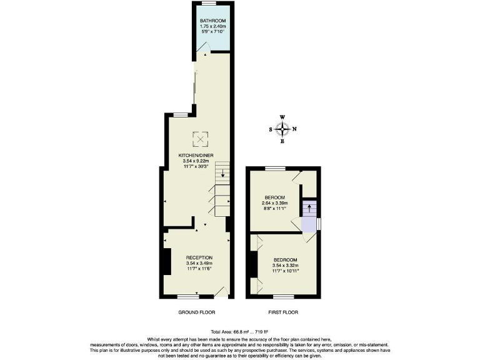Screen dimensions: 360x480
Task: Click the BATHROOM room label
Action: click(x=212, y=21)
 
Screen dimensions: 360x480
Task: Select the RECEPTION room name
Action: click(x=199, y=257)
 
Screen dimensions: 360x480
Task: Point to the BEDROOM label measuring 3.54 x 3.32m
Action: click(x=285, y=259)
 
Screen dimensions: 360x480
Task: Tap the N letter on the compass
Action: click(x=295, y=129)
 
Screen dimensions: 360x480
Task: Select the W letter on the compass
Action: click(x=282, y=117)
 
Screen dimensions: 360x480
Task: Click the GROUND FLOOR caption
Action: click(x=196, y=312)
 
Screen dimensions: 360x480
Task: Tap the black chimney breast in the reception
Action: click(x=167, y=261)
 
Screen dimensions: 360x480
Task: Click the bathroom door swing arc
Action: click(x=199, y=55)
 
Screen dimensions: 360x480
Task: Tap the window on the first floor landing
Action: click(x=319, y=223)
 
